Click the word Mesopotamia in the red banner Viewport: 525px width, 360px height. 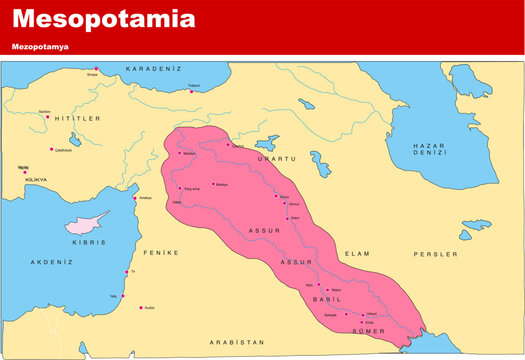[103, 19]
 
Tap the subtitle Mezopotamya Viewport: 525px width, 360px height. [40, 47]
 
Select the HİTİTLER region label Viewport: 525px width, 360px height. [77, 118]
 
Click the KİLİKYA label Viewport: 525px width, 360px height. [22, 177]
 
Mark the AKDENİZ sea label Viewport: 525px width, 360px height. [52, 262]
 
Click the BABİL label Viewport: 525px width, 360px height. [321, 299]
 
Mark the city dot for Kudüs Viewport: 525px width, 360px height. [141, 307]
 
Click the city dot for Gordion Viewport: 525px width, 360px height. [47, 116]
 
